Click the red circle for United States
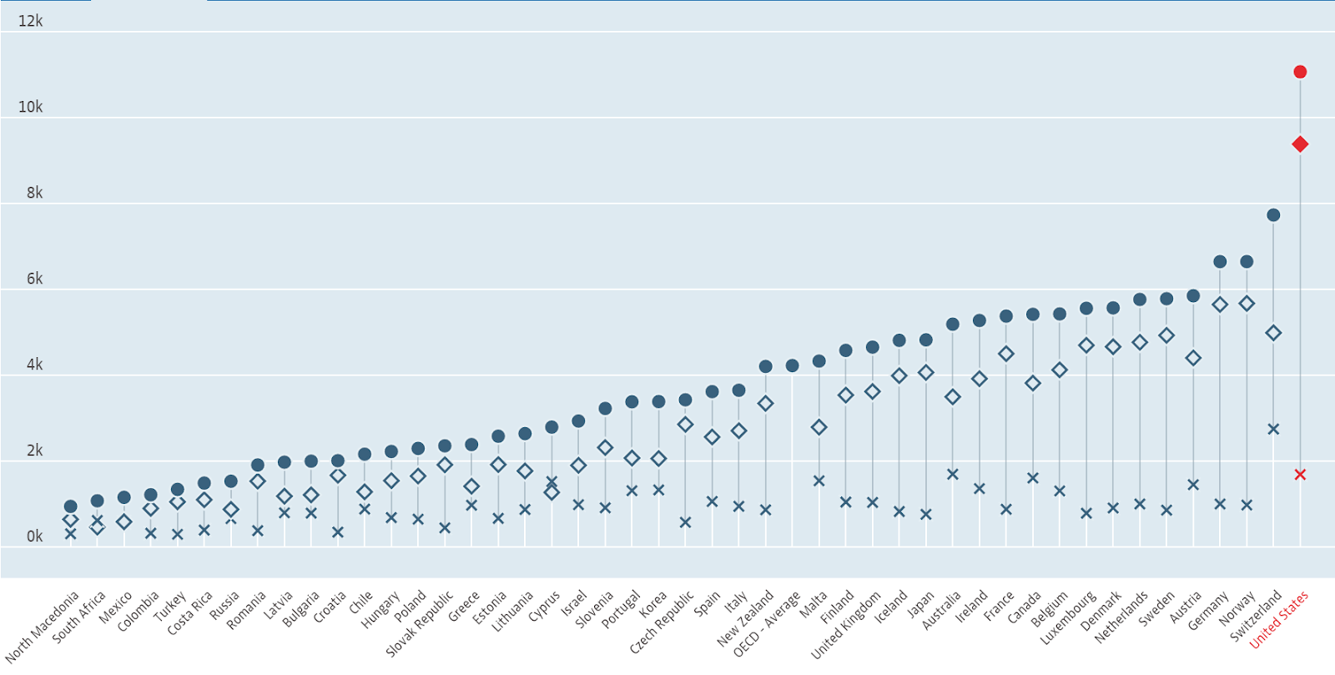pos(1300,72)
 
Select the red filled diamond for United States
pos(1300,144)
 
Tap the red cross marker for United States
pos(1300,475)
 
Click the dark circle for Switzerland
pos(1273,215)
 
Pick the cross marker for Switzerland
pos(1273,429)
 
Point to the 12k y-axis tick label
pos(30,21)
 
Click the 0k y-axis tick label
pos(34,536)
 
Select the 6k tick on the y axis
pos(34,279)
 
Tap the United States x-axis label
pos(1279,619)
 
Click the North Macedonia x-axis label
pos(43,627)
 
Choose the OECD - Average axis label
pos(767,624)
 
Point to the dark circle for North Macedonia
pos(71,506)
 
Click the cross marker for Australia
pos(953,474)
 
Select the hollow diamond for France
pos(1006,354)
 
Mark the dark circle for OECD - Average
pos(792,365)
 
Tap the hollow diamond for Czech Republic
pos(685,424)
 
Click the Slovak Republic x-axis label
pos(421,623)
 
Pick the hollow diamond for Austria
pos(1193,358)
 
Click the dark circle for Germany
pos(1220,262)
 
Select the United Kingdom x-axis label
pos(846,625)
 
